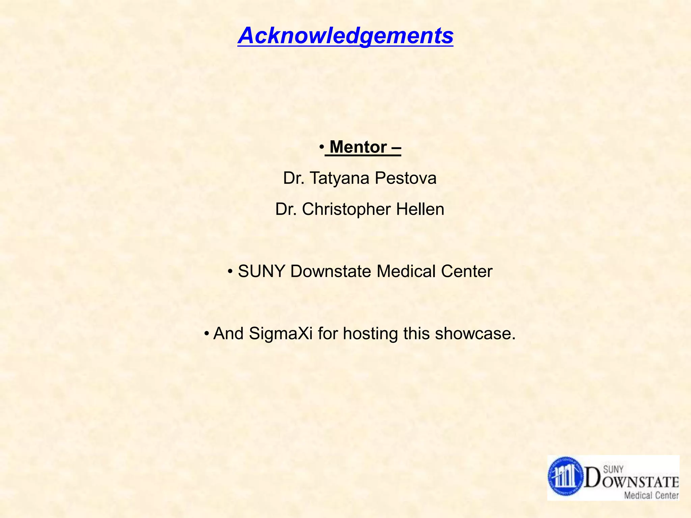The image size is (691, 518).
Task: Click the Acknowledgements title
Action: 345,36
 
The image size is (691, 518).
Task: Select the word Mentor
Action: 358,147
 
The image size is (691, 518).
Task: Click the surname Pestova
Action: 406,178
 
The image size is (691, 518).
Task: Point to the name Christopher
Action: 346,209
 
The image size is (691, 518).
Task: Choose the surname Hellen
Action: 420,209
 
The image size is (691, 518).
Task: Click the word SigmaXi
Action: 281,334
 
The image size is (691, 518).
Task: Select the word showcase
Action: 475,334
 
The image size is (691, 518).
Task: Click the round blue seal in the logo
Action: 565,477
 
